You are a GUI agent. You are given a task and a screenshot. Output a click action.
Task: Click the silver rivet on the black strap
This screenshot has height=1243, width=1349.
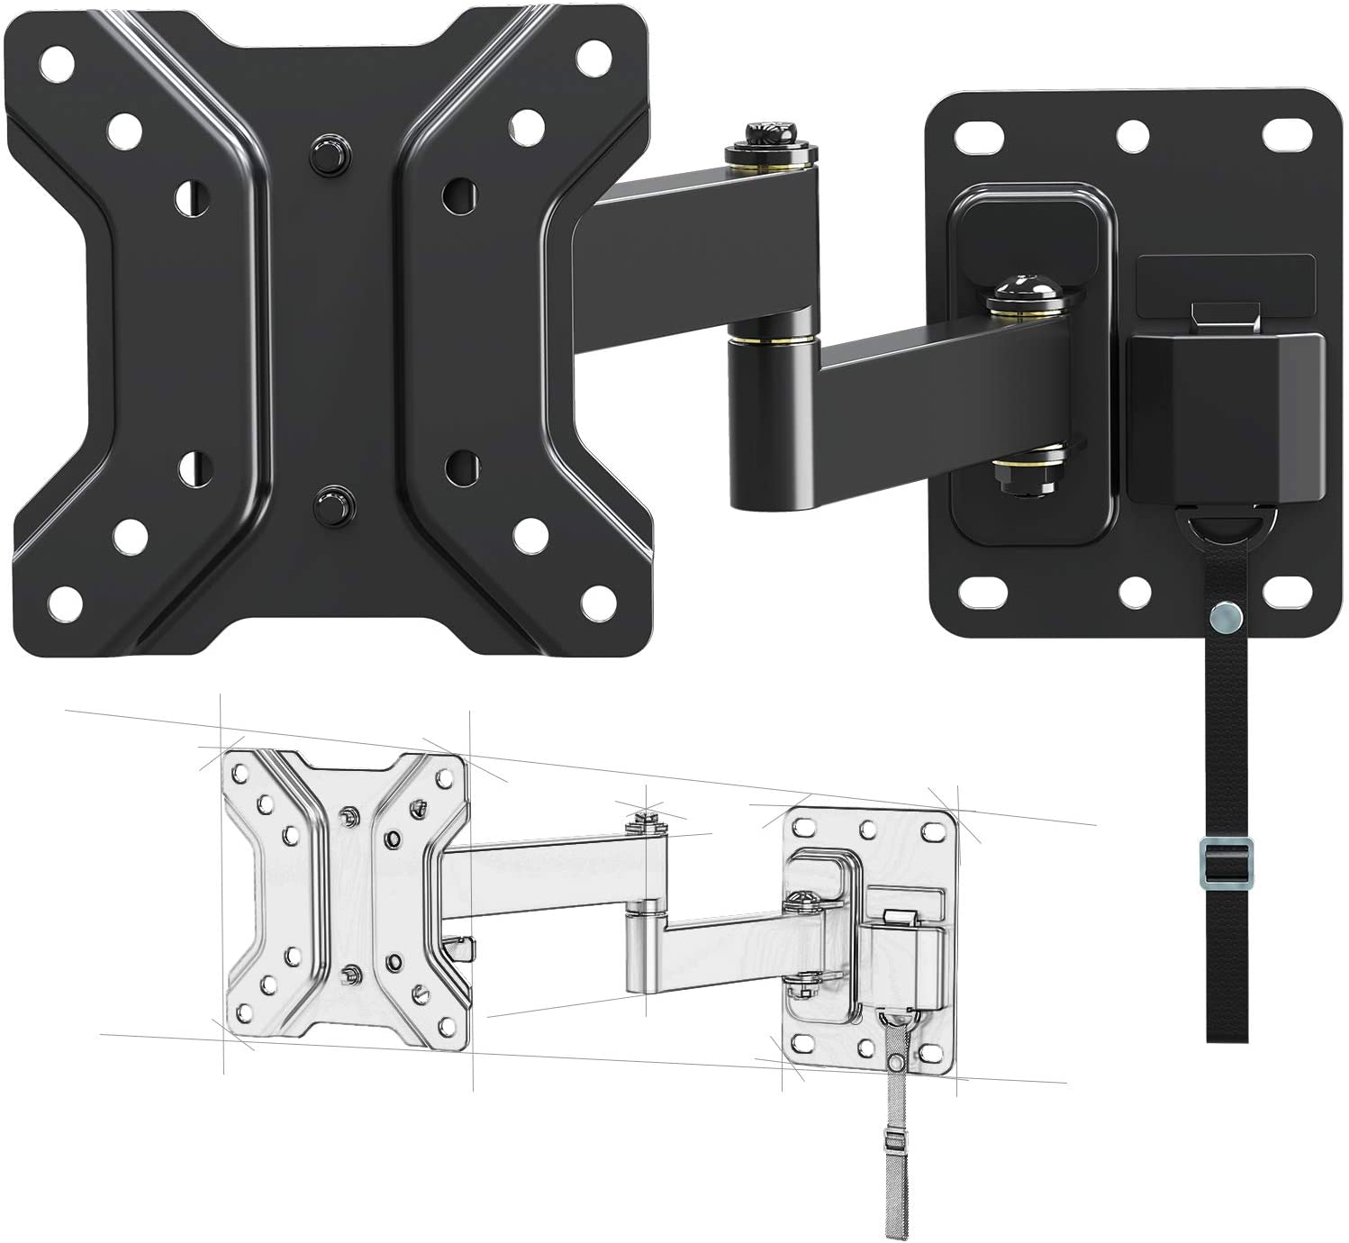[1225, 617]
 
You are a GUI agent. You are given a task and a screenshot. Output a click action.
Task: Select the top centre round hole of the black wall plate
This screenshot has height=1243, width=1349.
[1133, 135]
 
